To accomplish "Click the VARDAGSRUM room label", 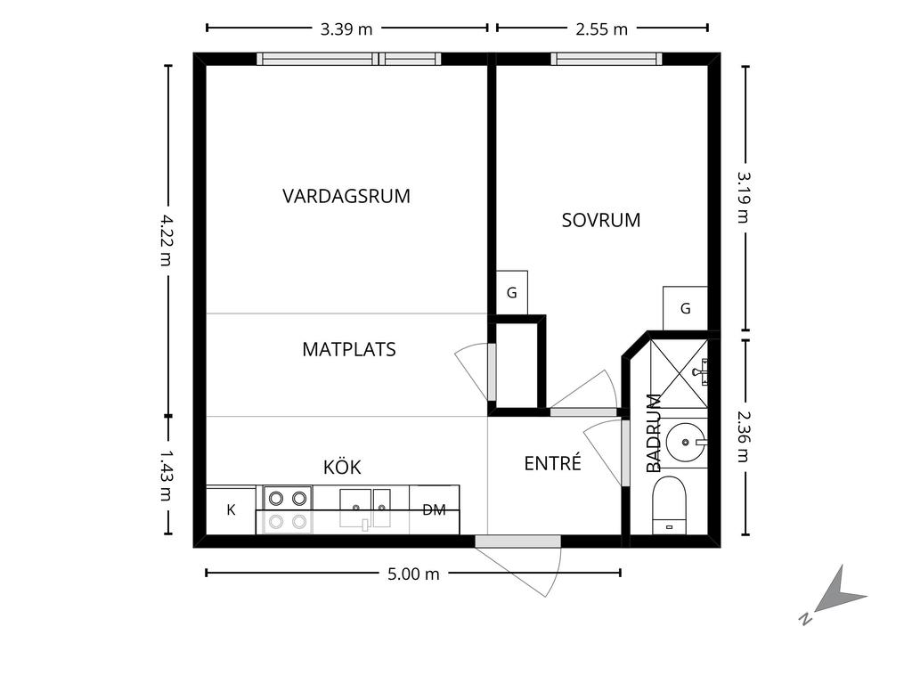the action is pyautogui.click(x=346, y=196).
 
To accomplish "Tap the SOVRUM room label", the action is pyautogui.click(x=601, y=220).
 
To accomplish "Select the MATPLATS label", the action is pyautogui.click(x=349, y=349).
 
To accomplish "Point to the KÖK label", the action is pyautogui.click(x=342, y=467).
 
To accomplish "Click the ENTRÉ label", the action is pyautogui.click(x=552, y=463).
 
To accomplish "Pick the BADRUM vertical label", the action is pyautogui.click(x=655, y=434).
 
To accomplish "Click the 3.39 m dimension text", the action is pyautogui.click(x=346, y=29).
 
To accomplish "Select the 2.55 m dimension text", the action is pyautogui.click(x=602, y=29).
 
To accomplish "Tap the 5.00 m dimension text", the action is pyautogui.click(x=413, y=574).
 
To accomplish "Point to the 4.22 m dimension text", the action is pyautogui.click(x=167, y=240).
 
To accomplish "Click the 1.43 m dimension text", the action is pyautogui.click(x=167, y=476).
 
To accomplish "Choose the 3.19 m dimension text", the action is pyautogui.click(x=744, y=197).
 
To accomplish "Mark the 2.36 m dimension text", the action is pyautogui.click(x=744, y=436).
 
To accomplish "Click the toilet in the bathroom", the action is pyautogui.click(x=670, y=505).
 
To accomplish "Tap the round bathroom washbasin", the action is pyautogui.click(x=685, y=442).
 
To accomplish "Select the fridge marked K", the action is pyautogui.click(x=231, y=510).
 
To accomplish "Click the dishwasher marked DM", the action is pyautogui.click(x=435, y=510).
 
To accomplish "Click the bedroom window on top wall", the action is pyautogui.click(x=606, y=59).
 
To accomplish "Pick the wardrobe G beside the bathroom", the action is pyautogui.click(x=685, y=308).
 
